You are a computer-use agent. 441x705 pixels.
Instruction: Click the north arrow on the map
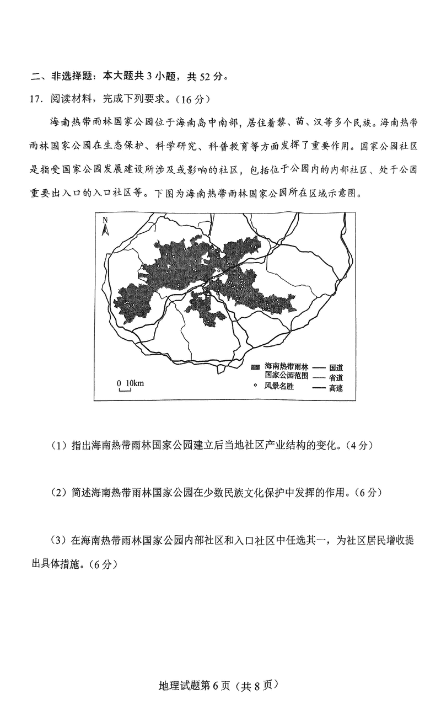point(105,226)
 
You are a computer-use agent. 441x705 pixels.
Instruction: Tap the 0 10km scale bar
point(125,385)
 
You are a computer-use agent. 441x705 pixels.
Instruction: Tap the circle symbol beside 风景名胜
point(255,386)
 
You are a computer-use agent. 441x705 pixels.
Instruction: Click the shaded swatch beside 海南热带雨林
point(255,367)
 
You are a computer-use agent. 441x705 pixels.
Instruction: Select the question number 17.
point(35,99)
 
